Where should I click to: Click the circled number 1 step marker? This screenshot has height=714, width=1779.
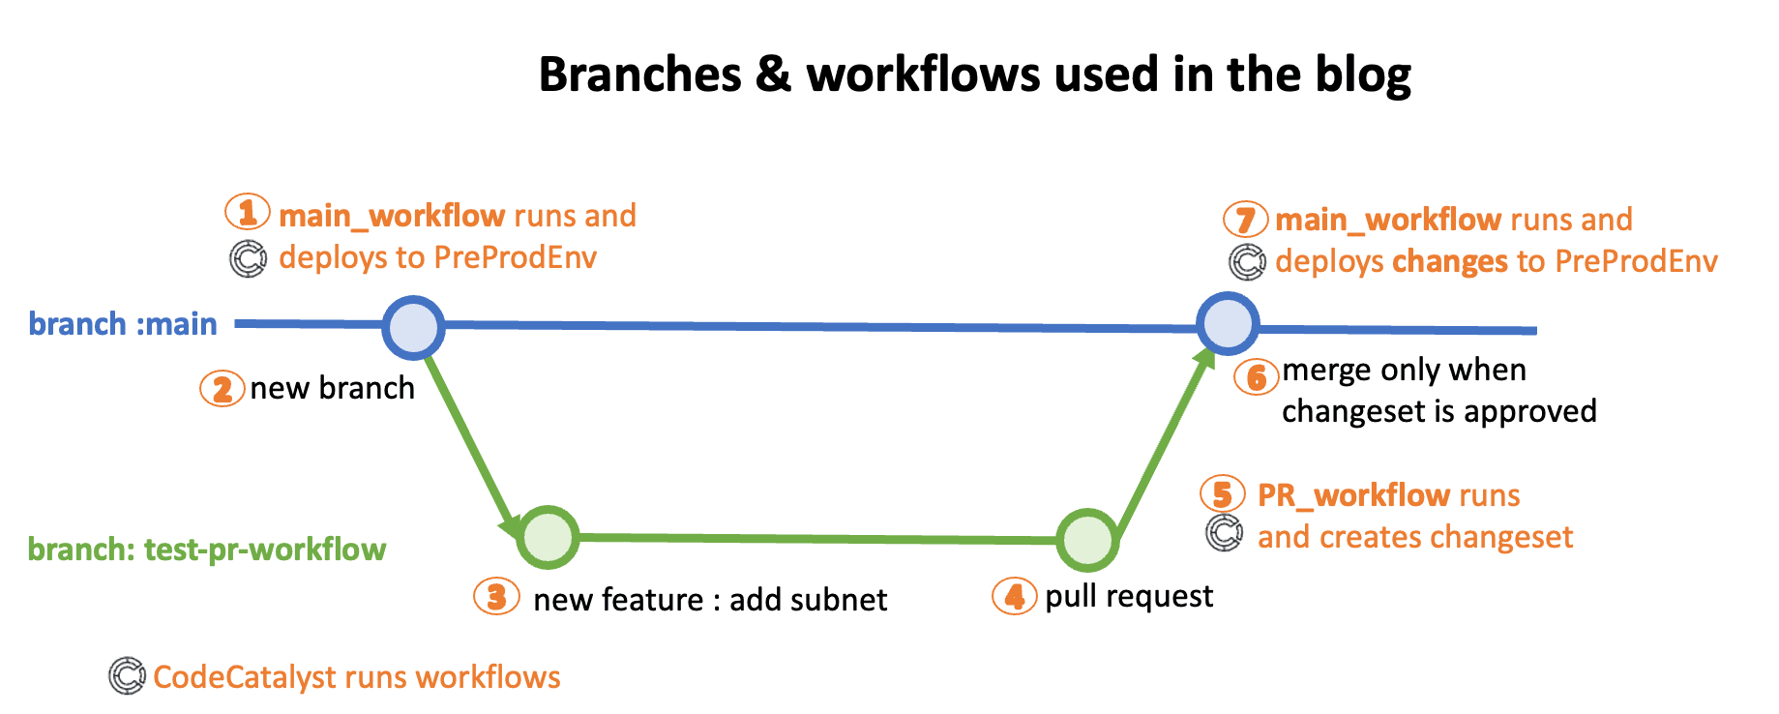[x=248, y=211]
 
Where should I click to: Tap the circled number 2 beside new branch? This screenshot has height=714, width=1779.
[x=222, y=389]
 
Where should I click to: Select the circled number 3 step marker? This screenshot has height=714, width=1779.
[x=496, y=596]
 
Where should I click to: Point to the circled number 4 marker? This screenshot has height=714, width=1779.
[x=1015, y=596]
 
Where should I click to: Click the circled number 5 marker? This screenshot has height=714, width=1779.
[x=1223, y=494]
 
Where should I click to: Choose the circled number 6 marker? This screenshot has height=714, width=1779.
[x=1257, y=376]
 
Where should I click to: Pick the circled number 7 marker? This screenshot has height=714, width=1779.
[x=1246, y=220]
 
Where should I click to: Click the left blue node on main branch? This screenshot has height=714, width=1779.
[x=413, y=327]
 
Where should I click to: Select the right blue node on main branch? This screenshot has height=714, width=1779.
[x=1228, y=323]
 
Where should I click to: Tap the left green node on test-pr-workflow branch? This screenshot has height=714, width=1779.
[x=548, y=537]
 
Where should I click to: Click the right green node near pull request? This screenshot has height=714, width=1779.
[x=1087, y=540]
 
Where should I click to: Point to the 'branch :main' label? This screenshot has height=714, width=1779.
[x=123, y=323]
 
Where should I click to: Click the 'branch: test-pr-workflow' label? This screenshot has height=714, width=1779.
[x=207, y=550]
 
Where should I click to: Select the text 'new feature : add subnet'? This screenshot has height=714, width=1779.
[x=710, y=600]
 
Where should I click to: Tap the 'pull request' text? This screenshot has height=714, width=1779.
[x=1129, y=597]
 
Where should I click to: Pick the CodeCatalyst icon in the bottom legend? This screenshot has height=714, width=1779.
[x=127, y=675]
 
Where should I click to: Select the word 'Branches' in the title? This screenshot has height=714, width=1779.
[x=640, y=74]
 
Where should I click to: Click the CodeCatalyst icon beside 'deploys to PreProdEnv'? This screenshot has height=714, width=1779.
[x=248, y=258]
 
